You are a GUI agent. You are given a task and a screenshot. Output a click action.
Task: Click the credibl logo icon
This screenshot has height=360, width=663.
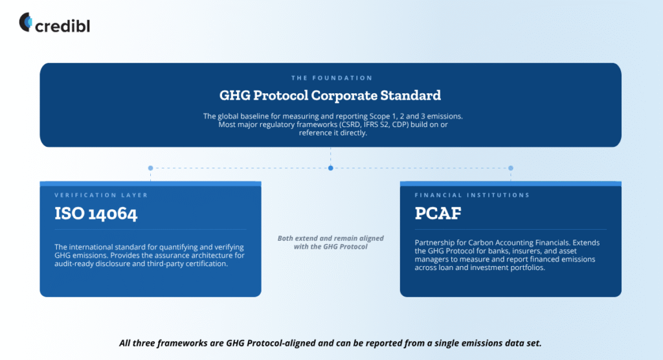[x=25, y=22]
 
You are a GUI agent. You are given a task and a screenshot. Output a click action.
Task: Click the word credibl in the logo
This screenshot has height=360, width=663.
[x=63, y=27]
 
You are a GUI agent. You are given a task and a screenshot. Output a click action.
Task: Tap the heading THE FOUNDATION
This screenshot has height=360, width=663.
[x=332, y=78]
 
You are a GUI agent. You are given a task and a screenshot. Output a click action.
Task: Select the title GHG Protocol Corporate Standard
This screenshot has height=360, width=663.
[x=330, y=95]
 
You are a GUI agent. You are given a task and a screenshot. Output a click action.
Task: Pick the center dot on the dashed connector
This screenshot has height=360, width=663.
[x=331, y=168]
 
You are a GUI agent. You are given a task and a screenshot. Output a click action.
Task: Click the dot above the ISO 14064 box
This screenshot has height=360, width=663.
[x=150, y=168]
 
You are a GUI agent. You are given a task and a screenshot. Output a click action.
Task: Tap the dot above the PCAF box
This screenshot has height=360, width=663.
[x=511, y=168]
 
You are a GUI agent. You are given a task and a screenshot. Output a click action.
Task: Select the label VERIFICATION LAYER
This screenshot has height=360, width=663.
[x=101, y=195]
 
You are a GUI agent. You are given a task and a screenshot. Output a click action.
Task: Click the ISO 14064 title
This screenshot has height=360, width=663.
[x=96, y=213]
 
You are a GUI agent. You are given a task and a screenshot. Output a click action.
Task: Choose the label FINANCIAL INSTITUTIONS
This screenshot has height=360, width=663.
[x=472, y=195]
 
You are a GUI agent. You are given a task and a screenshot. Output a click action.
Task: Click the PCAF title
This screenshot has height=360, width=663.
[x=438, y=213]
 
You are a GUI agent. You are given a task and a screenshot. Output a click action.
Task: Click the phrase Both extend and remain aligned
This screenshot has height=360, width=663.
[x=331, y=238]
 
